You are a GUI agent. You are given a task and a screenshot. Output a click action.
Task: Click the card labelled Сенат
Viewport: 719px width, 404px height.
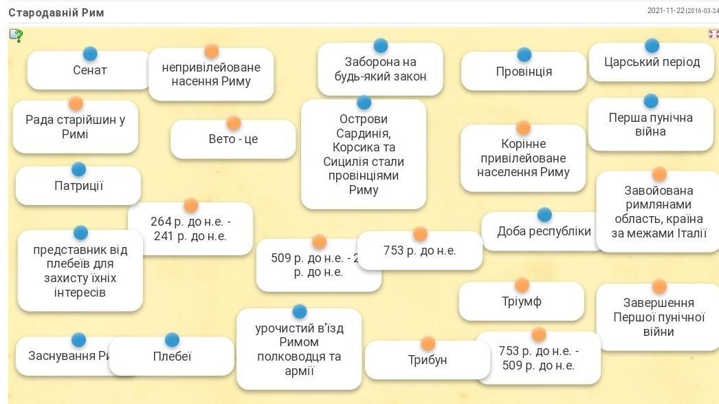tap(89, 70)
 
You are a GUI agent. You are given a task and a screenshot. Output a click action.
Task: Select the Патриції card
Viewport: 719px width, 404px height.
tap(78, 186)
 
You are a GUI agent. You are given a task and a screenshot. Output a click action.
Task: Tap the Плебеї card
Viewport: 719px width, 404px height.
tap(172, 357)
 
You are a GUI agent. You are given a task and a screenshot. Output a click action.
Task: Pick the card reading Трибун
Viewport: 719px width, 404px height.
tap(427, 360)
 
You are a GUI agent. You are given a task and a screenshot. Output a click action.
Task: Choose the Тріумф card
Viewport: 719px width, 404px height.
tap(521, 301)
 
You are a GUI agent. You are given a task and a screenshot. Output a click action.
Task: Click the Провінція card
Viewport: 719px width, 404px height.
tap(524, 72)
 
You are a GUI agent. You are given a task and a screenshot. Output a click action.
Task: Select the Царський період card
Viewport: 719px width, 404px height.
tap(652, 62)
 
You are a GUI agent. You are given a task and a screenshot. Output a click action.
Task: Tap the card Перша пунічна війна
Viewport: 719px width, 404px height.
tap(650, 125)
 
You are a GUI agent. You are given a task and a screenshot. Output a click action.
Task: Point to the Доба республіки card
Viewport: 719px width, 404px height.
tap(544, 231)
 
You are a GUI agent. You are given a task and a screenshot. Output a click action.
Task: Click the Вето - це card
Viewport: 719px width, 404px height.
tap(233, 139)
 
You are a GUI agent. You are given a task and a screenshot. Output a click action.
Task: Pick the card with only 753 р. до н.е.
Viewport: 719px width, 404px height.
tap(419, 251)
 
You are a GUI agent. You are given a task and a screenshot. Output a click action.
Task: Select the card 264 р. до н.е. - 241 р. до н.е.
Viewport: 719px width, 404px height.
tap(190, 229)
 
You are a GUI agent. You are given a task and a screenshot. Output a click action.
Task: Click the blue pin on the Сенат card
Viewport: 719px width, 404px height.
tap(90, 54)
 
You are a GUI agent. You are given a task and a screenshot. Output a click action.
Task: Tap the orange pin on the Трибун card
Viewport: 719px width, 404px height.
tap(428, 343)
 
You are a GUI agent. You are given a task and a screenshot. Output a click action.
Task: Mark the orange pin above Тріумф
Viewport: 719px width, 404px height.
tap(522, 285)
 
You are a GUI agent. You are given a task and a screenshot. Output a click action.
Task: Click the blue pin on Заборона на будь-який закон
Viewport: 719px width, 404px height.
tap(380, 46)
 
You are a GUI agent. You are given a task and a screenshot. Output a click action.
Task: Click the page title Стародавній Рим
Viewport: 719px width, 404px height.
tap(56, 12)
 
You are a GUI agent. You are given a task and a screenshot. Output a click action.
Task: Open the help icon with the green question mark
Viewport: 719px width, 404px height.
tap(16, 36)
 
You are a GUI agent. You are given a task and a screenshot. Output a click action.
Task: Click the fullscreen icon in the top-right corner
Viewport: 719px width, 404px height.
tap(713, 33)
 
